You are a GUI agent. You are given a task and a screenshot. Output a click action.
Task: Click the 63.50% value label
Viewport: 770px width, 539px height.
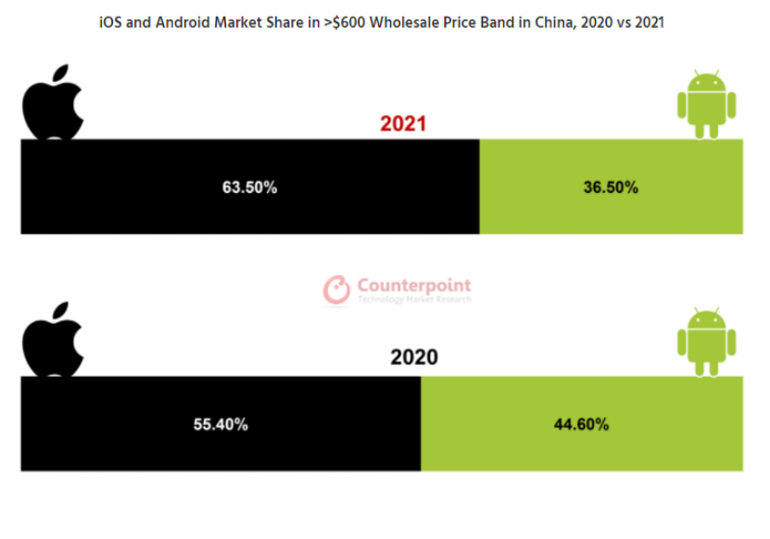point(249,186)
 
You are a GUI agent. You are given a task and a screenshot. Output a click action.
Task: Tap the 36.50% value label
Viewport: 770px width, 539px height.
point(610,186)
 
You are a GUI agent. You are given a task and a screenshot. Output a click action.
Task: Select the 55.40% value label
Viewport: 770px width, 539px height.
point(220,424)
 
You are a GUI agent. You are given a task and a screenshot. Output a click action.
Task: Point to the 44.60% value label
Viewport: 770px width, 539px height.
point(581,424)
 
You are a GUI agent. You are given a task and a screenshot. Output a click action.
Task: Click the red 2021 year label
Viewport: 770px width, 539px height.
point(403,124)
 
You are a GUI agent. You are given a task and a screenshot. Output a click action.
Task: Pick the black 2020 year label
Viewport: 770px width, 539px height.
point(414,358)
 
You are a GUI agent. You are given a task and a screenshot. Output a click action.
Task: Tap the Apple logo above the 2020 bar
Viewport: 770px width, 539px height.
point(53,340)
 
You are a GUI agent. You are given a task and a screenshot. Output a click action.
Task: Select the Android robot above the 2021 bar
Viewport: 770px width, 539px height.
point(706,104)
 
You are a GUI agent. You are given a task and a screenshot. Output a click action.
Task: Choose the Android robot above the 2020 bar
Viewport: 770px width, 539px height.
point(706,341)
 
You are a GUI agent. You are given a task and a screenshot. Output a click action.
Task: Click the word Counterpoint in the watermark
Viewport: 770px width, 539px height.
point(414,286)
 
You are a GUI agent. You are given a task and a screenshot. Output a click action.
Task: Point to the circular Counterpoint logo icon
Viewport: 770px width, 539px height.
point(336,289)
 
